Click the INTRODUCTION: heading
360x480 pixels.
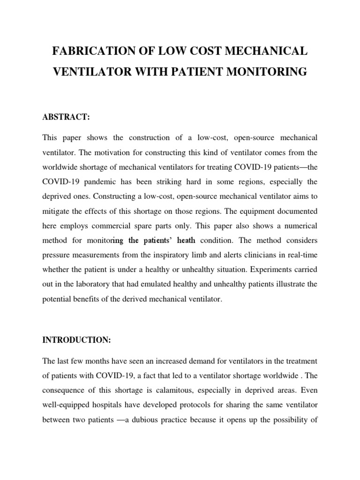coord(76,340)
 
